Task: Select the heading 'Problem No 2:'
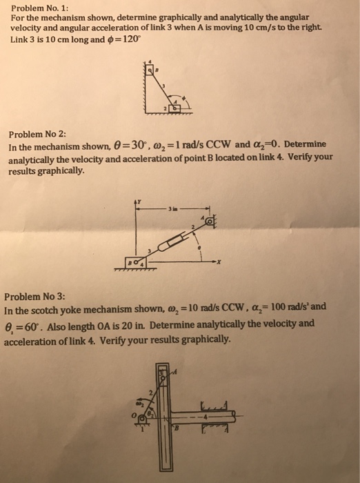[35, 135]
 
